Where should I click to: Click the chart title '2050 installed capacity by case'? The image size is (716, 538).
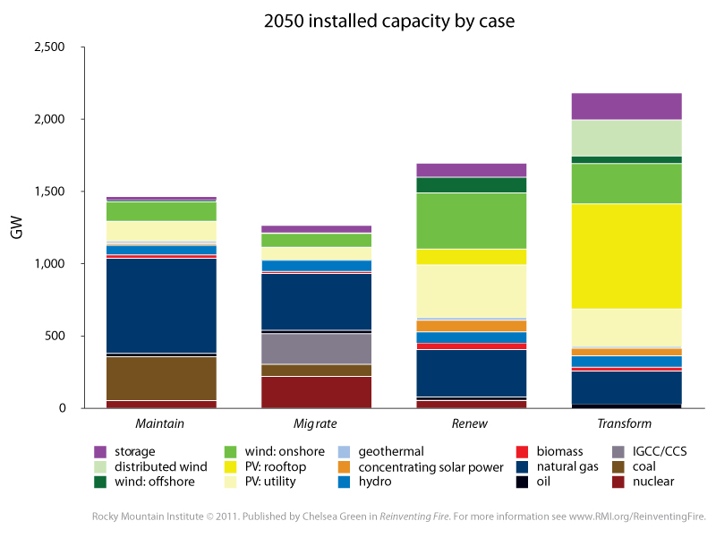pos(357,21)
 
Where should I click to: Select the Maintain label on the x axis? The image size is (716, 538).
pos(161,423)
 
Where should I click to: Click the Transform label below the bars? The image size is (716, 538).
pos(626,423)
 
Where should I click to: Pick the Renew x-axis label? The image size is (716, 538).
pos(471,423)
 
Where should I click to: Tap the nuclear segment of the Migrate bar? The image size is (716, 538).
pos(316,392)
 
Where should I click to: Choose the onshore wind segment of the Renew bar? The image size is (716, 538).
pos(471,220)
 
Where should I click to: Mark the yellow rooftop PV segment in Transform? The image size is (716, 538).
pos(626,255)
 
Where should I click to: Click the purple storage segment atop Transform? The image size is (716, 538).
pos(626,106)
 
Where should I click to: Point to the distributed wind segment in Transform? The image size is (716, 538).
pos(626,138)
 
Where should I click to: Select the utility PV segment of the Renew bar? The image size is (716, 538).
pos(471,291)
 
